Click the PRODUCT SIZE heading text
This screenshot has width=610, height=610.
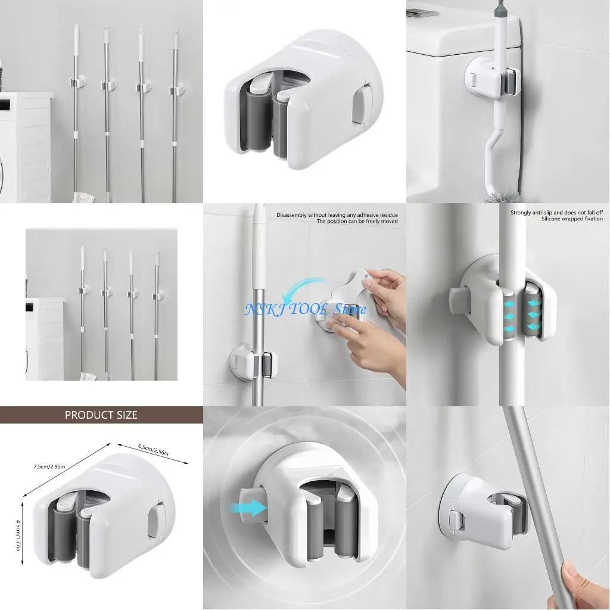(101, 415)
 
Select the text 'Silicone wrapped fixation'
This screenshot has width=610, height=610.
(571, 219)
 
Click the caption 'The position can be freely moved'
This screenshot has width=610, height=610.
(357, 222)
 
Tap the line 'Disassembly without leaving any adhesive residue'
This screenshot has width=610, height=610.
(337, 214)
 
